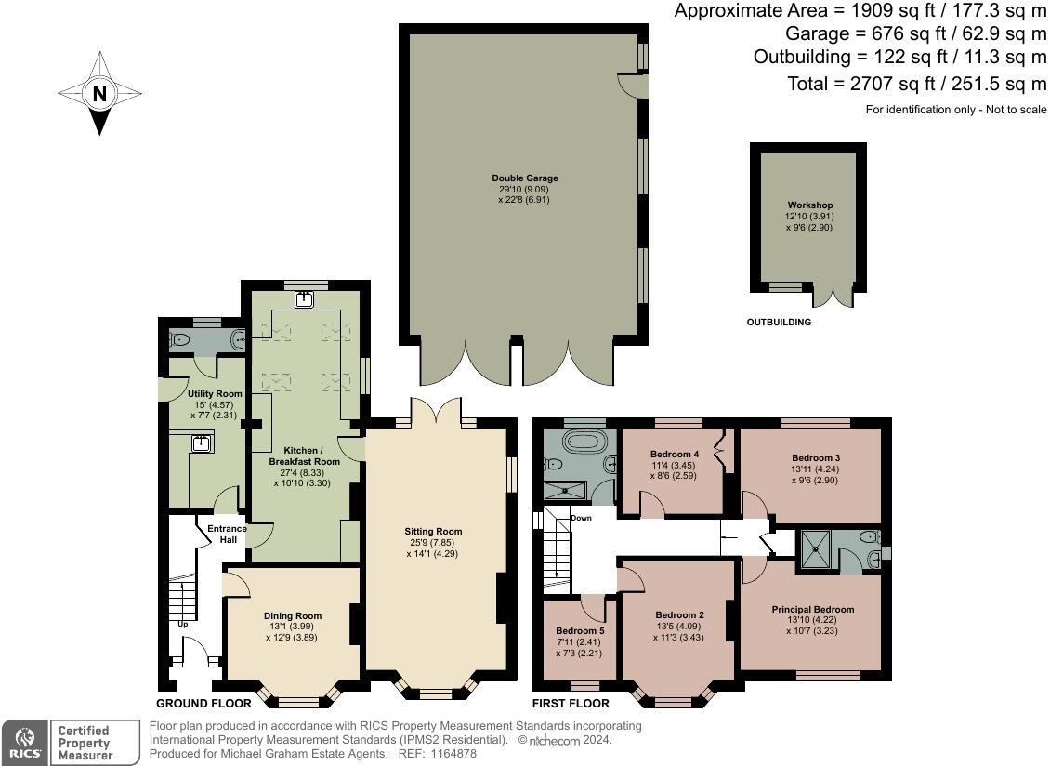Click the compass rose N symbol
pyautogui.click(x=99, y=93)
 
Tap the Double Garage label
pyautogui.click(x=525, y=178)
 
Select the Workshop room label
pyautogui.click(x=809, y=205)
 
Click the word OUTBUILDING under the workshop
pyautogui.click(x=779, y=323)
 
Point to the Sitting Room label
pyautogui.click(x=433, y=532)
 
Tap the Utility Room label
pyautogui.click(x=215, y=394)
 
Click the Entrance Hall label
pyautogui.click(x=227, y=534)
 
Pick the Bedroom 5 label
pyautogui.click(x=579, y=631)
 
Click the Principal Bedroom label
pyautogui.click(x=812, y=610)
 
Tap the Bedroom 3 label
pyautogui.click(x=816, y=458)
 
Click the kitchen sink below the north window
pyautogui.click(x=304, y=299)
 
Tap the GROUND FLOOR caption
pyautogui.click(x=203, y=704)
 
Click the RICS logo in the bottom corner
pyautogui.click(x=24, y=742)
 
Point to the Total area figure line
pyautogui.click(x=917, y=84)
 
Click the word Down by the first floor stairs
pyautogui.click(x=581, y=518)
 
